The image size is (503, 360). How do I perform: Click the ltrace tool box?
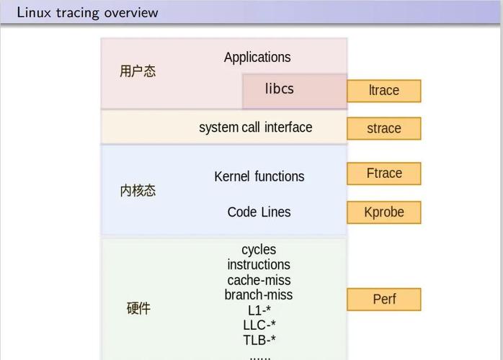383,91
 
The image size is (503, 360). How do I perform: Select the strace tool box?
383,129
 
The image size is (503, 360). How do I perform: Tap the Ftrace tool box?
383,174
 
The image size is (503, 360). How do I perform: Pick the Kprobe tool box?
383,212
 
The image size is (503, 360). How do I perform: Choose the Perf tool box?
383,300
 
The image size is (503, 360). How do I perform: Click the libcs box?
295,91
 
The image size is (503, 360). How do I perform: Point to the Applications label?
257,58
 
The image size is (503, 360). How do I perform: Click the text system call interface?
255,127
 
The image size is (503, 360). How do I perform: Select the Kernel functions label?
259,176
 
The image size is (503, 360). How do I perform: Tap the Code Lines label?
259,212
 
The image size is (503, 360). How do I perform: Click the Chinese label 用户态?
138,71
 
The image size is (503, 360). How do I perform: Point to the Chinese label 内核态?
138,191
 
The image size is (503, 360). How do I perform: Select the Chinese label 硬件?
138,308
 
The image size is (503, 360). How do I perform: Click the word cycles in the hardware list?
259,250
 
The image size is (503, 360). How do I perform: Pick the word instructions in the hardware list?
259,265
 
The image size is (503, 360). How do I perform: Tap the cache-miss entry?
259,280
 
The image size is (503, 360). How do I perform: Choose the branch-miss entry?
259,295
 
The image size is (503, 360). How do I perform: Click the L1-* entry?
259,310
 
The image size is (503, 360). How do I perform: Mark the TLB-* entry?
259,340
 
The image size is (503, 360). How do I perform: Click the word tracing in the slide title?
78,14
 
